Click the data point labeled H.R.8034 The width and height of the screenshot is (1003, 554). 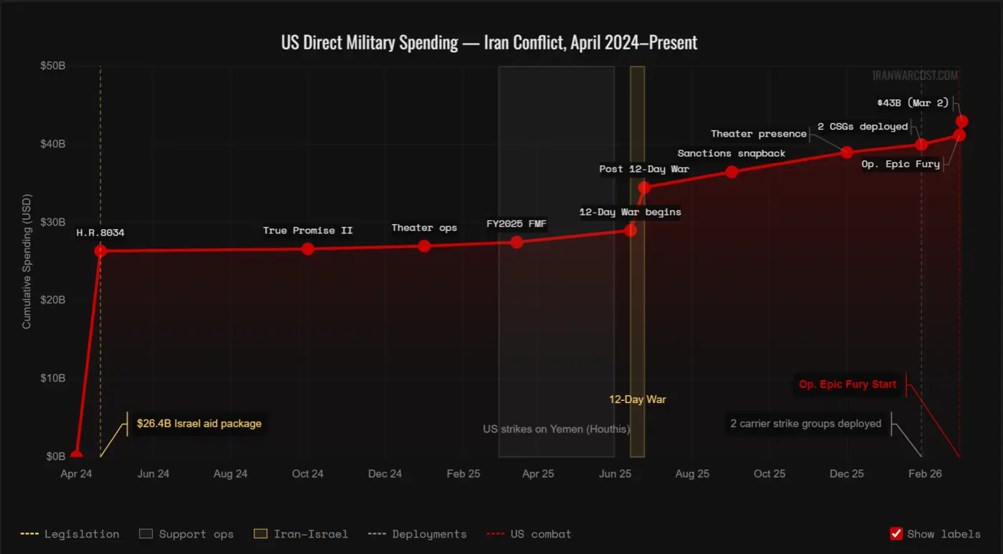click(x=100, y=251)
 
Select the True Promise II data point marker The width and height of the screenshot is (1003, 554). click(x=307, y=248)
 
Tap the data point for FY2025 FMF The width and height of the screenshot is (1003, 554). click(x=517, y=242)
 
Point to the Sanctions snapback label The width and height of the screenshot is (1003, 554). click(x=731, y=153)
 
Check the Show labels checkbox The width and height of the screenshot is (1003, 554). click(x=896, y=533)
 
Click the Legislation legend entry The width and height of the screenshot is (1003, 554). click(x=70, y=534)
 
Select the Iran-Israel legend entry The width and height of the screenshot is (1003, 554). click(x=301, y=534)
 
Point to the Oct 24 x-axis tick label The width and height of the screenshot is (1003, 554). click(x=307, y=474)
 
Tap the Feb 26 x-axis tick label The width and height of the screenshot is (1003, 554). click(x=925, y=474)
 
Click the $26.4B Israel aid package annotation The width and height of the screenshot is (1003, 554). click(x=199, y=424)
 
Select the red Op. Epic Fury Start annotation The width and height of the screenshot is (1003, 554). click(x=848, y=384)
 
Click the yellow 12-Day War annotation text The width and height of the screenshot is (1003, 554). click(x=637, y=399)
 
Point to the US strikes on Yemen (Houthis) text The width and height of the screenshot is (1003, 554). click(x=556, y=429)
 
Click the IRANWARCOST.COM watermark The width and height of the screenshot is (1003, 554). click(x=915, y=75)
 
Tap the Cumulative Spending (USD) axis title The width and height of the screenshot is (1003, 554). click(x=27, y=261)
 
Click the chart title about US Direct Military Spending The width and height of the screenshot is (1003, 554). click(x=489, y=42)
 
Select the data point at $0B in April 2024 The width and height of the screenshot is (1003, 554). click(x=76, y=456)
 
